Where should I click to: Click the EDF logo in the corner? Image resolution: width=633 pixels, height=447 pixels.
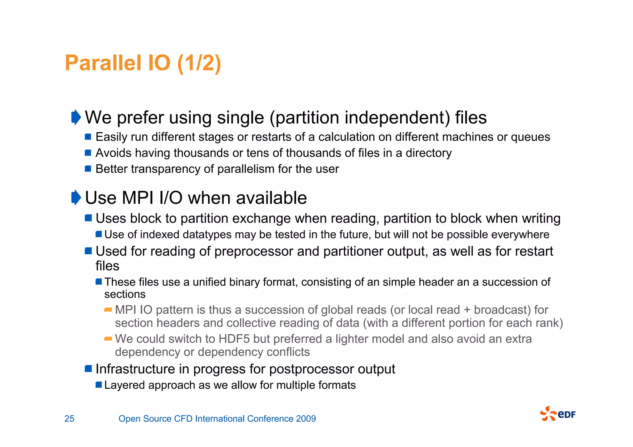coord(558,414)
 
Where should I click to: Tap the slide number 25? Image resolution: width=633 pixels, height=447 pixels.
coord(69,419)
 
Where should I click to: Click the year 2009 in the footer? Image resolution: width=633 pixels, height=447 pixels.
coord(306,419)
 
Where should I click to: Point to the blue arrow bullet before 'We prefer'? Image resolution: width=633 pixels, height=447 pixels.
coord(76,117)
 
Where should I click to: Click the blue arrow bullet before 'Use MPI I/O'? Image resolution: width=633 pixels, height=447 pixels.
coord(76,197)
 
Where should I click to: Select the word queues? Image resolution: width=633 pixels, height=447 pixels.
coord(530,137)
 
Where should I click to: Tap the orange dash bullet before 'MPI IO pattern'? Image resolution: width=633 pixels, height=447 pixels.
coord(108,310)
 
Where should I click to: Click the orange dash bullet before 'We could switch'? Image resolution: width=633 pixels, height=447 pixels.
coord(108,339)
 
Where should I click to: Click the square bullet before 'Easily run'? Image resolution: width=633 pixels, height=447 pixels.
coord(88,137)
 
